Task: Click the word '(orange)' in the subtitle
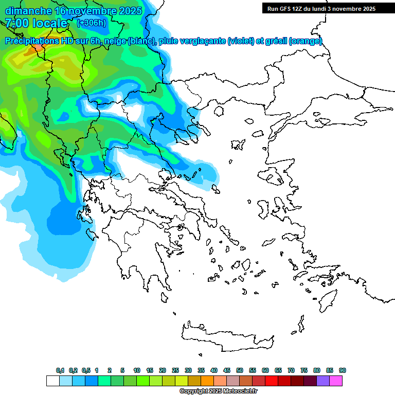(x=306, y=41)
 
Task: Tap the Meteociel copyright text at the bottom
(x=218, y=391)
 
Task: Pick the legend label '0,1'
(x=60, y=370)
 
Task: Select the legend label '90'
(x=343, y=370)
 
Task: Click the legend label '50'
(x=240, y=370)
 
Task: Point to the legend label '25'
(x=175, y=370)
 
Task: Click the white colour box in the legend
(x=52, y=381)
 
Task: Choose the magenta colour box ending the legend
(x=336, y=381)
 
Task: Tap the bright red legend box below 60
(x=272, y=381)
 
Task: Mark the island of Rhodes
(x=329, y=299)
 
